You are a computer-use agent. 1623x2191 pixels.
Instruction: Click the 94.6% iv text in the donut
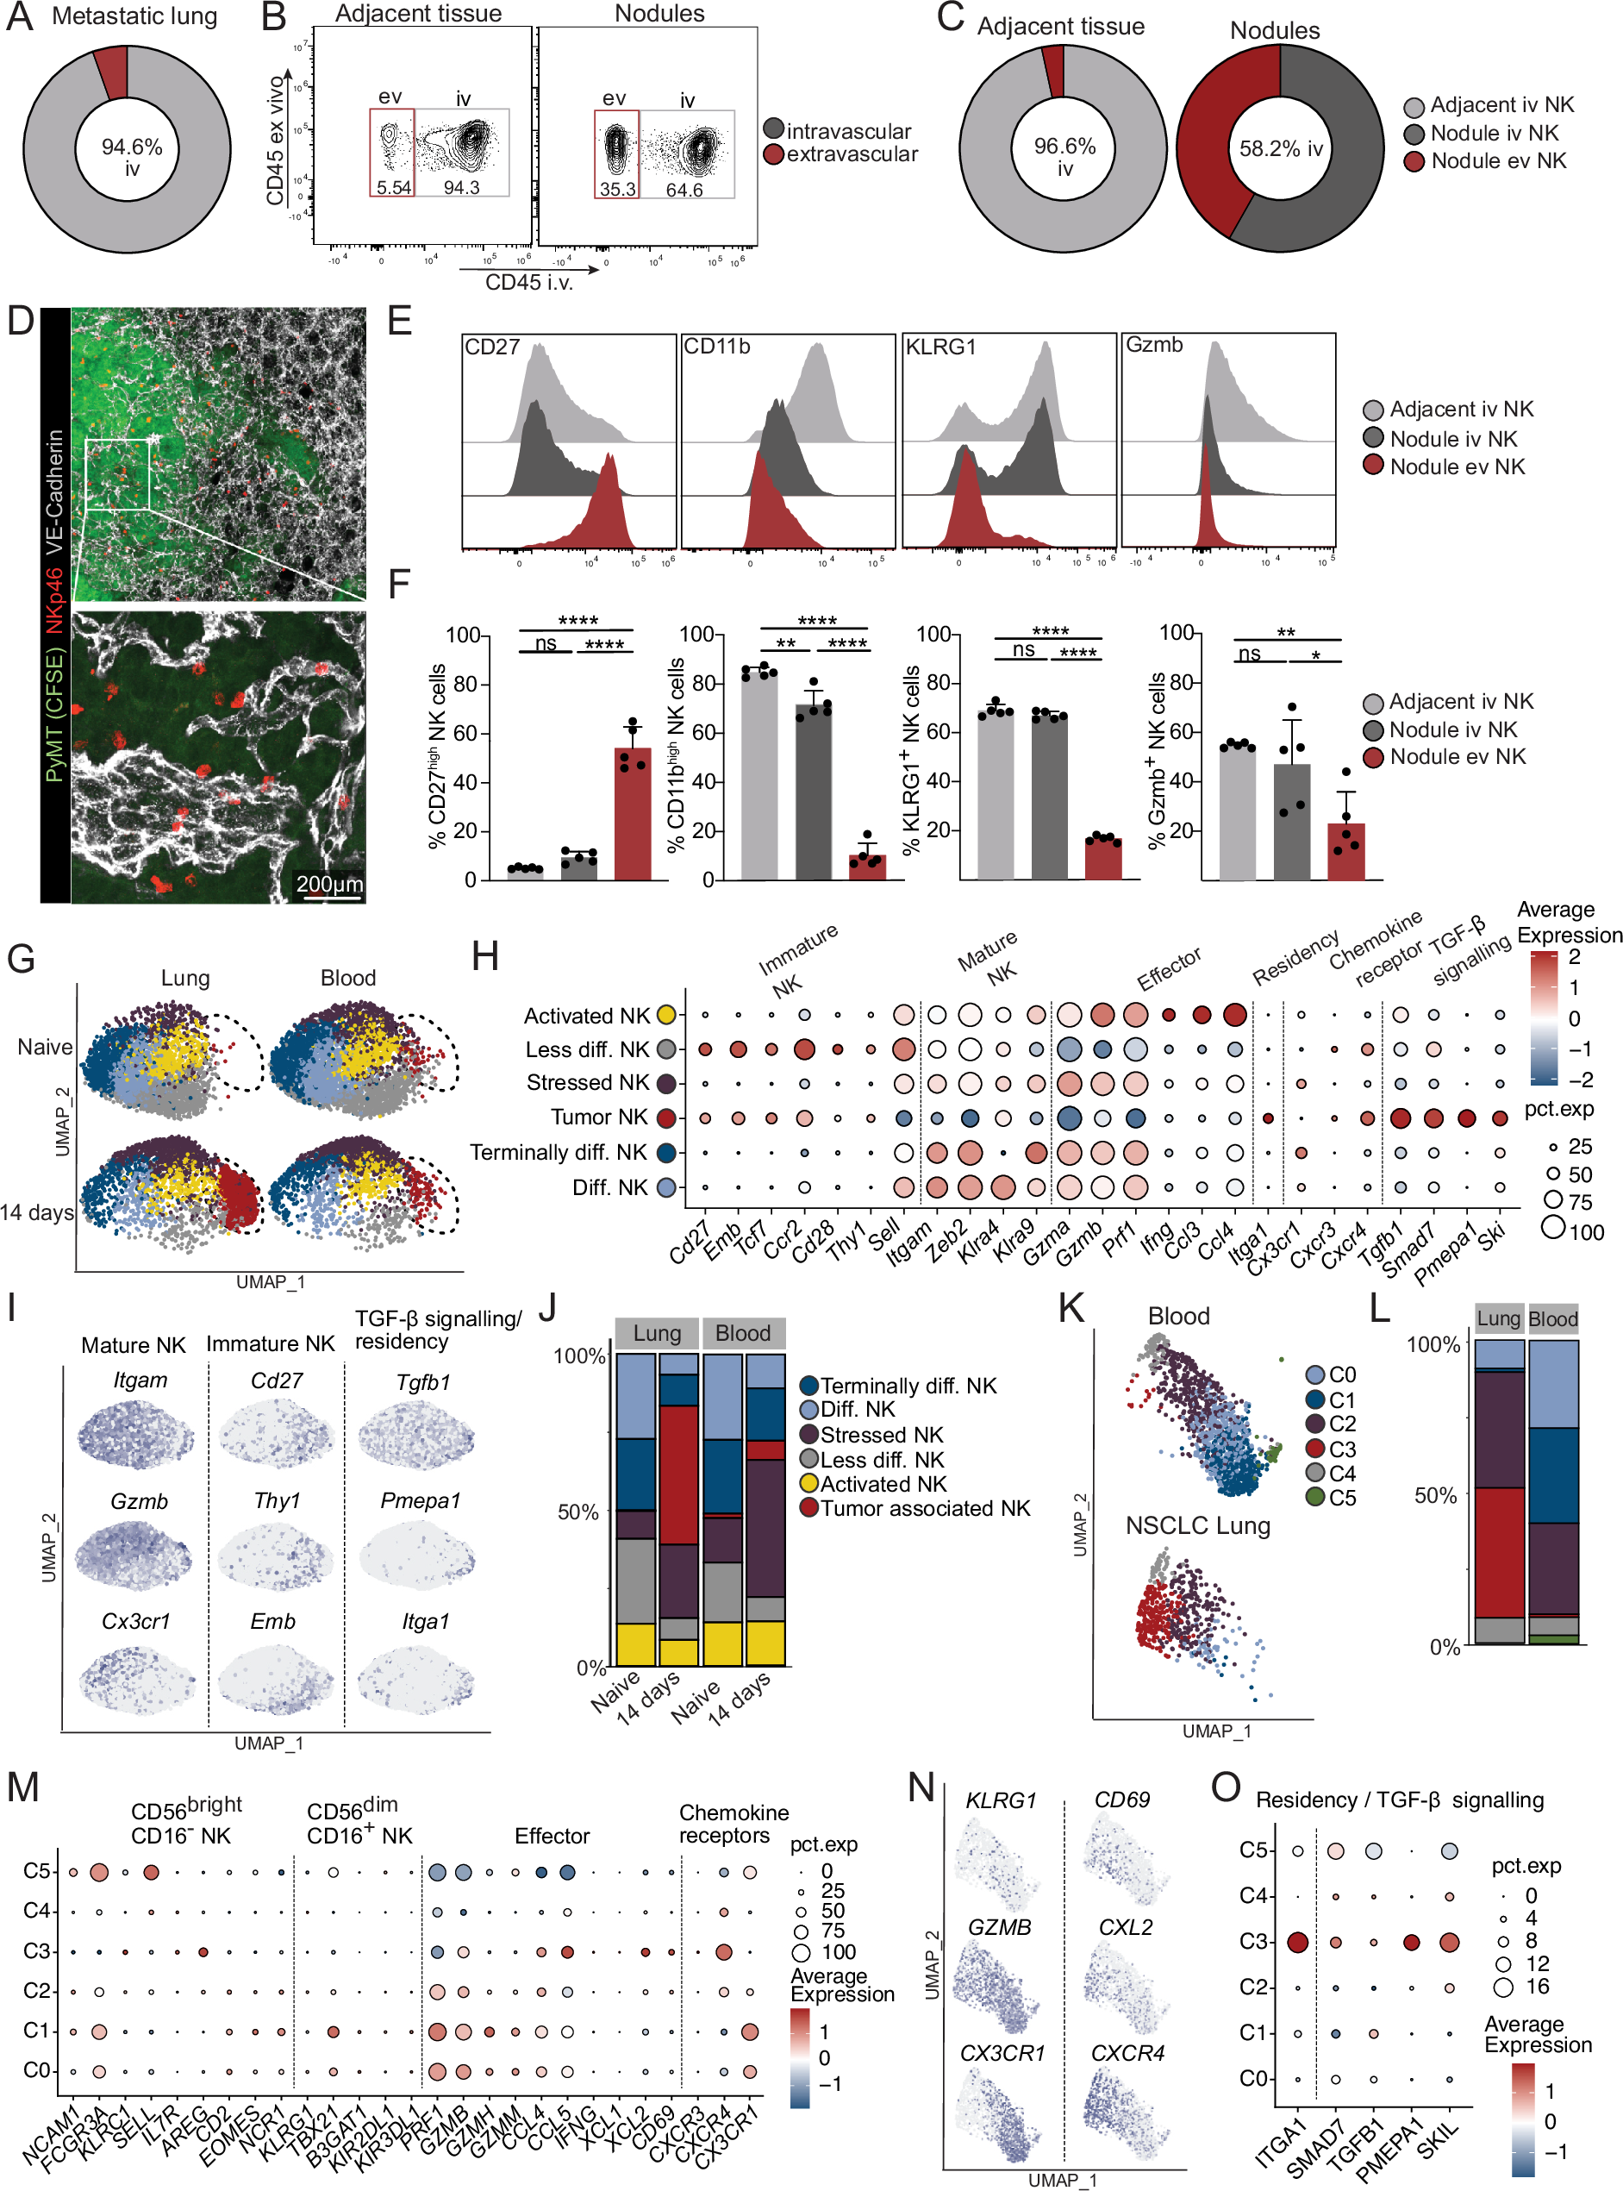pyautogui.click(x=132, y=157)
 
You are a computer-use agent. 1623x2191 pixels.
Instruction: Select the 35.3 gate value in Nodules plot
pyautogui.click(x=617, y=189)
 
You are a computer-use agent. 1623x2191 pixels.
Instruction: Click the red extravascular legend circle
pyautogui.click(x=773, y=154)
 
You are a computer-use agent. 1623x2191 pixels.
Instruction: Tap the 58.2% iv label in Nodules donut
pyautogui.click(x=1280, y=149)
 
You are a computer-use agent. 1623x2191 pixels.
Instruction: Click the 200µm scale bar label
pyautogui.click(x=330, y=883)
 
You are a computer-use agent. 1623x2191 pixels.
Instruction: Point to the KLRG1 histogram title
pyautogui.click(x=940, y=347)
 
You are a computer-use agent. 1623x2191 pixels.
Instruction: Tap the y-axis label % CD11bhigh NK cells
pyautogui.click(x=675, y=754)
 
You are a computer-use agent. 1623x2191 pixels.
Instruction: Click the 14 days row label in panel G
pyautogui.click(x=37, y=1212)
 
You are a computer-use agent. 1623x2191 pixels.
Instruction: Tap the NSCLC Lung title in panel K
pyautogui.click(x=1196, y=1525)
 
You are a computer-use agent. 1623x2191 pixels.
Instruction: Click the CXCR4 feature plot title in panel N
pyautogui.click(x=1127, y=2053)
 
